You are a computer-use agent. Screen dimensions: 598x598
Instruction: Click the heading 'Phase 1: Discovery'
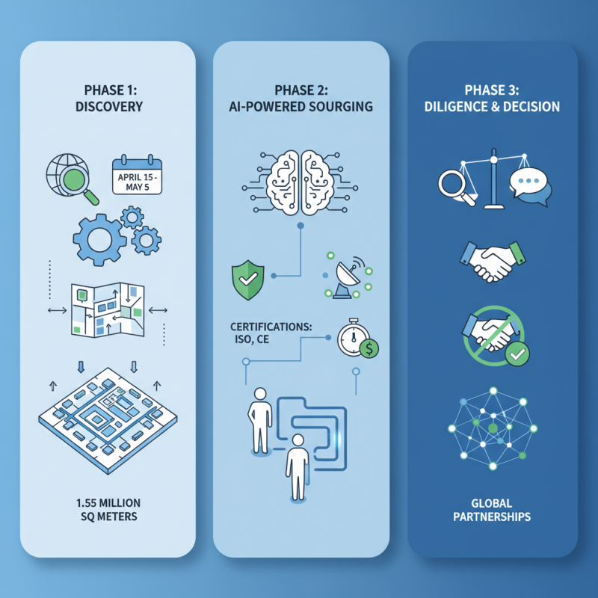point(109,97)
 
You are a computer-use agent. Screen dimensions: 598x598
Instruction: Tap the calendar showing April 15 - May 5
point(138,175)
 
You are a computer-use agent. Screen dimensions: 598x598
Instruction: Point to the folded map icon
point(104,309)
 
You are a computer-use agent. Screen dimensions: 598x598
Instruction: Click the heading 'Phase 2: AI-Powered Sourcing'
point(300,97)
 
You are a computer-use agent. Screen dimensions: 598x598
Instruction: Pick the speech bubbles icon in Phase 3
point(530,185)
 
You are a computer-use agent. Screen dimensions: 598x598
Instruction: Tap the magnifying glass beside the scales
point(455,184)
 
